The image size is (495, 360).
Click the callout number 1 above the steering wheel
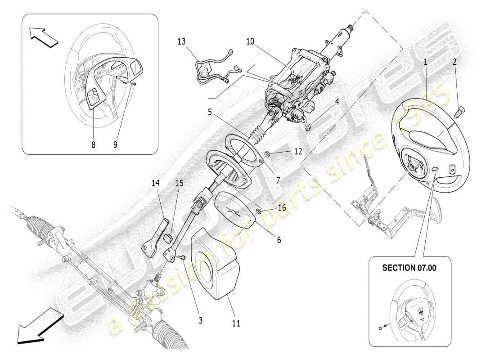point(425,62)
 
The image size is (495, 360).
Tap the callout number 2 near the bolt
point(455,62)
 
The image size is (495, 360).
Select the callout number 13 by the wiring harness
point(181,42)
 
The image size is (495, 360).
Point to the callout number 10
point(251,42)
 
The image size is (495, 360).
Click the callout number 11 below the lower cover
point(236,323)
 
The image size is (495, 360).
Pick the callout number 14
point(155,184)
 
